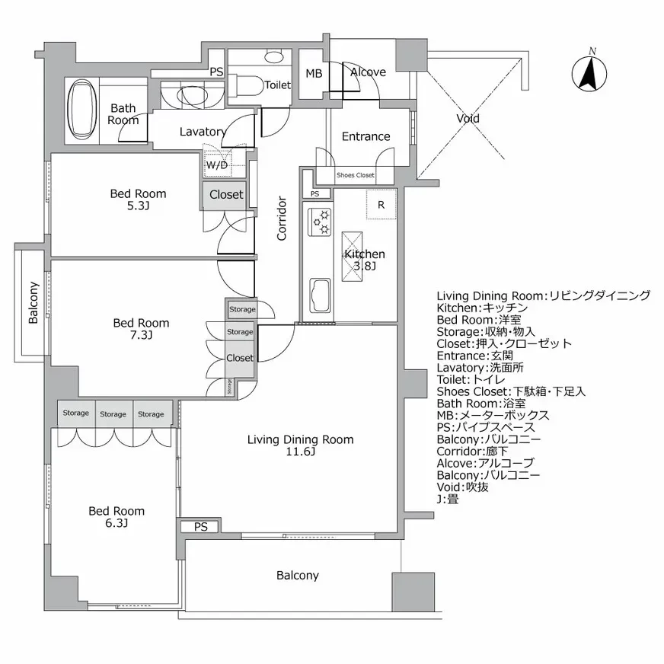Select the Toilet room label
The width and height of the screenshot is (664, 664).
point(278,85)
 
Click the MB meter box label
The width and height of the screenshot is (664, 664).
point(314,74)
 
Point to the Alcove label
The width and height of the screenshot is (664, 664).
point(368,72)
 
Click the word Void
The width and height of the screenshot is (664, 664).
point(468,118)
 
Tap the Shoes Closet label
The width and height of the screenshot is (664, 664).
point(356,175)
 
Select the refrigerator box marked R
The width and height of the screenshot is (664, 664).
point(381,204)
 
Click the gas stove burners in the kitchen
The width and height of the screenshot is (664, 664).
point(319,221)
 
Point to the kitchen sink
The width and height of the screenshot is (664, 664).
point(318,295)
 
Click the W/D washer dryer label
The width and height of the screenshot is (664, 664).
point(215,164)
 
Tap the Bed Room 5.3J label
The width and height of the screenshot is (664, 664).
point(138,200)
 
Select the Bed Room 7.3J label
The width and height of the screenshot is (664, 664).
point(141,329)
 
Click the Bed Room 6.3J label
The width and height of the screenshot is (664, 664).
point(117,517)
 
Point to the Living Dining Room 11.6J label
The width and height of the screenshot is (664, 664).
point(300,445)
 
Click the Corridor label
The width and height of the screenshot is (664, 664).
point(282,219)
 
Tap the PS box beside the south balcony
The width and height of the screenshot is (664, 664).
point(200,526)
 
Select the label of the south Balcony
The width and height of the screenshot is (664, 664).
point(297,576)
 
